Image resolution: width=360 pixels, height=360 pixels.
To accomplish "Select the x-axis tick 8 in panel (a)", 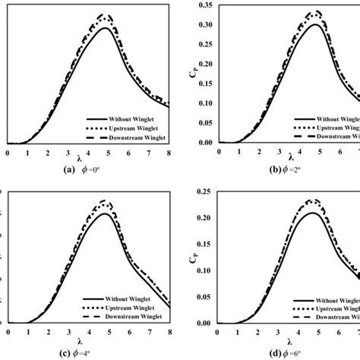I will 169,153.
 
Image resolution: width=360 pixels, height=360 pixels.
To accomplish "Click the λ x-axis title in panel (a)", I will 88,161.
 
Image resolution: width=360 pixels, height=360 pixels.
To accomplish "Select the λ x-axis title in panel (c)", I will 88,342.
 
